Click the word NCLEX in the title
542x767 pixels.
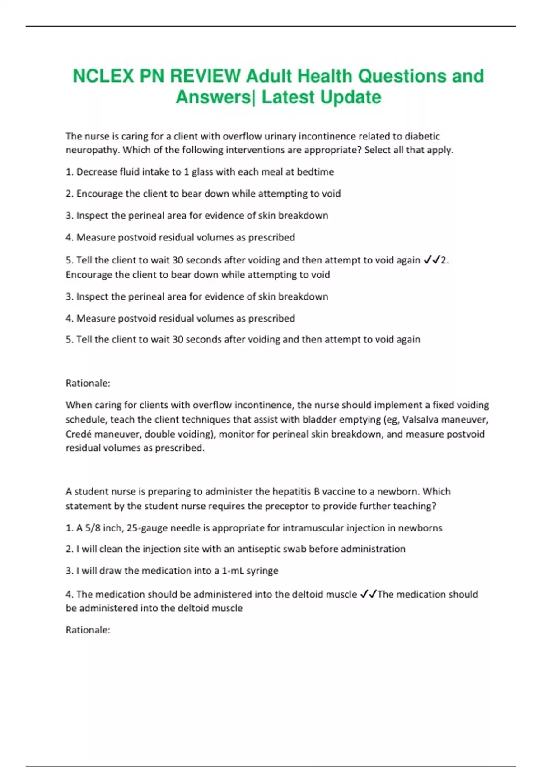[x=103, y=76]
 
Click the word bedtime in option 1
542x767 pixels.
[x=315, y=171]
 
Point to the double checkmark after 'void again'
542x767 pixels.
[x=432, y=260]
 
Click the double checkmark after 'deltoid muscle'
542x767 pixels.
[x=368, y=594]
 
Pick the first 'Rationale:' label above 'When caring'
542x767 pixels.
[x=88, y=383]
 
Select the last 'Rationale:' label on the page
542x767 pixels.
[x=88, y=630]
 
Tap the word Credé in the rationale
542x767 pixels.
[x=79, y=434]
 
